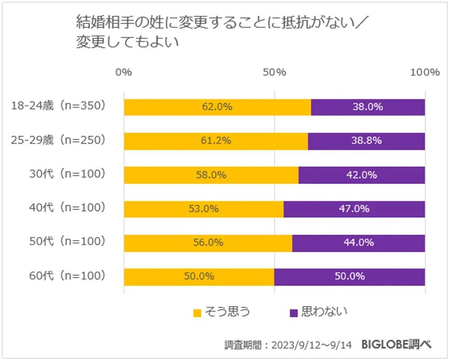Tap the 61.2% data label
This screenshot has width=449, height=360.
(216, 141)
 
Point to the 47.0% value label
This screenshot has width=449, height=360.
(354, 209)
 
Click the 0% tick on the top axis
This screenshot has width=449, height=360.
(124, 73)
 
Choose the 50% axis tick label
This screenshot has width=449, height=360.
(274, 73)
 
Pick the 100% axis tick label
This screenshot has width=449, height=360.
(425, 73)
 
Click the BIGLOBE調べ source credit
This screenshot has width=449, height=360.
(396, 345)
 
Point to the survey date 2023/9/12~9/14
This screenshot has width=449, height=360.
(313, 345)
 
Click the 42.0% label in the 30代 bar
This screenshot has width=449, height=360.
(362, 175)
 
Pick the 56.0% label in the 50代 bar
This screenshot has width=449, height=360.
(208, 242)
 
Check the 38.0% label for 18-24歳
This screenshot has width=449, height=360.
(368, 107)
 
